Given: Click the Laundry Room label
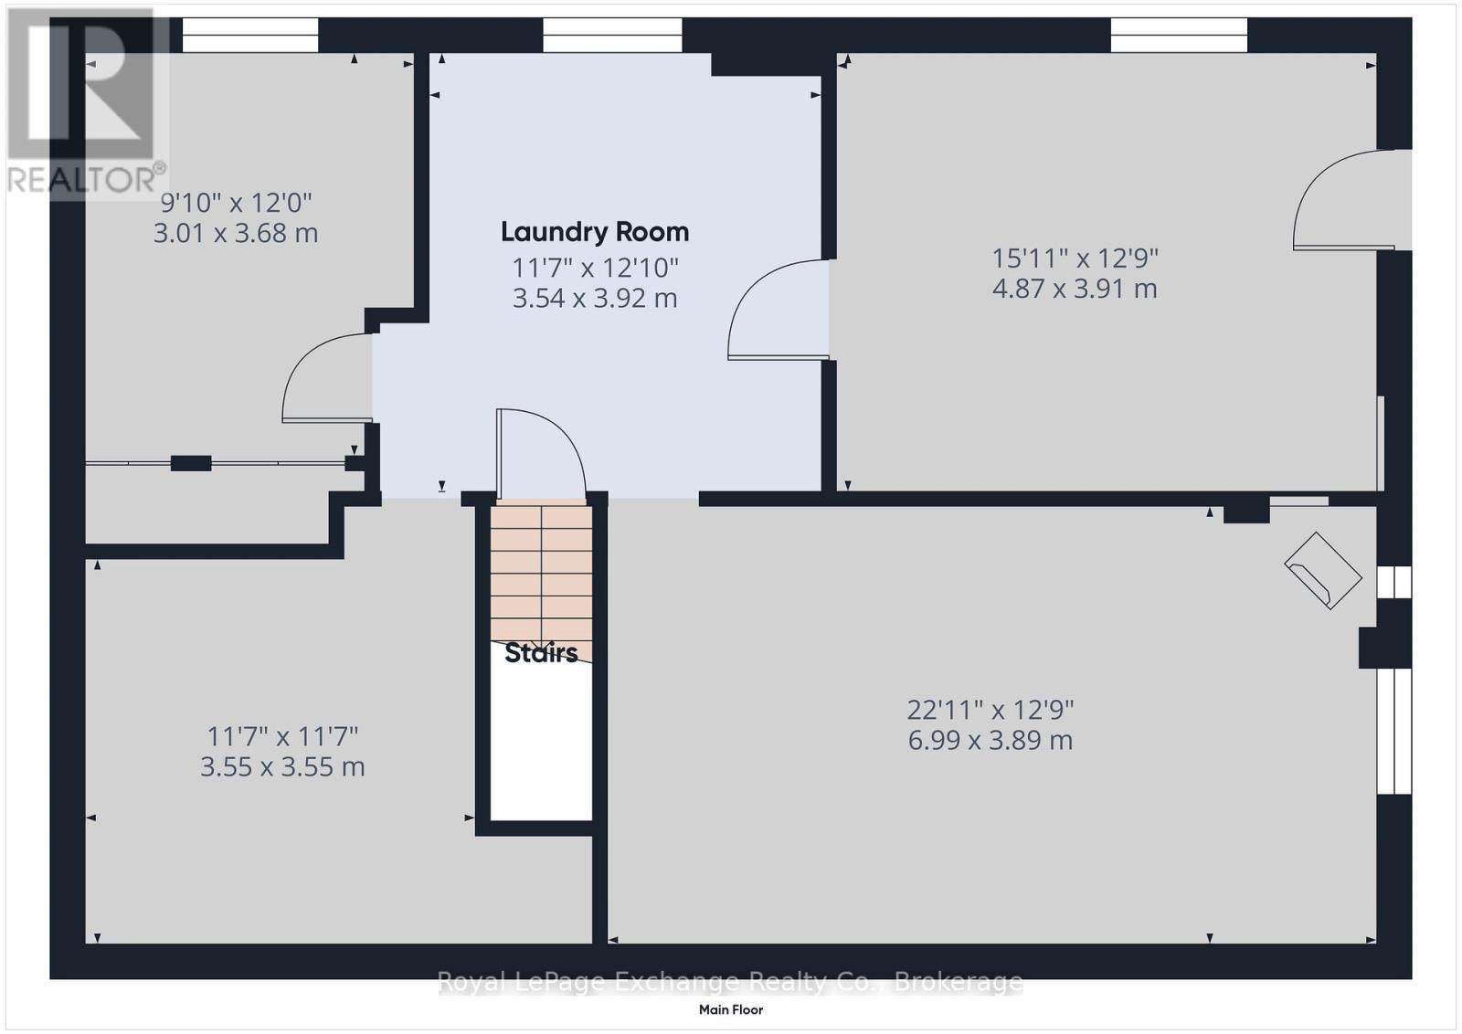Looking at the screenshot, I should [594, 232].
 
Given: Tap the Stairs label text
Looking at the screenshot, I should [541, 652].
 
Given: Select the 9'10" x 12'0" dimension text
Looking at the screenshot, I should [236, 202].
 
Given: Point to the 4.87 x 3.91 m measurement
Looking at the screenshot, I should [1075, 289].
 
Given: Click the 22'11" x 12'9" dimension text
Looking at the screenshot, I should [990, 709].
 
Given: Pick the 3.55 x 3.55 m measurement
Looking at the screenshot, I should [282, 766].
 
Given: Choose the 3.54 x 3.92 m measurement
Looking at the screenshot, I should [594, 299].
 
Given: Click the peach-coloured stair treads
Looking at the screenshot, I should [541, 571].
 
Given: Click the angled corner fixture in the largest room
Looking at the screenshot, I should [1323, 570].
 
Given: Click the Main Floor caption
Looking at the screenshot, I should [730, 1009].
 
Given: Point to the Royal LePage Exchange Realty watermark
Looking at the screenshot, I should [730, 982].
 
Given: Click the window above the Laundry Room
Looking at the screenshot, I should [612, 36].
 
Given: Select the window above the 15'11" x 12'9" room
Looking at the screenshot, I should [1179, 36].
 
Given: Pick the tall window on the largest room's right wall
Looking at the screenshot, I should [1393, 731].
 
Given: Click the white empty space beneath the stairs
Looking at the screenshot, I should [541, 740].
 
